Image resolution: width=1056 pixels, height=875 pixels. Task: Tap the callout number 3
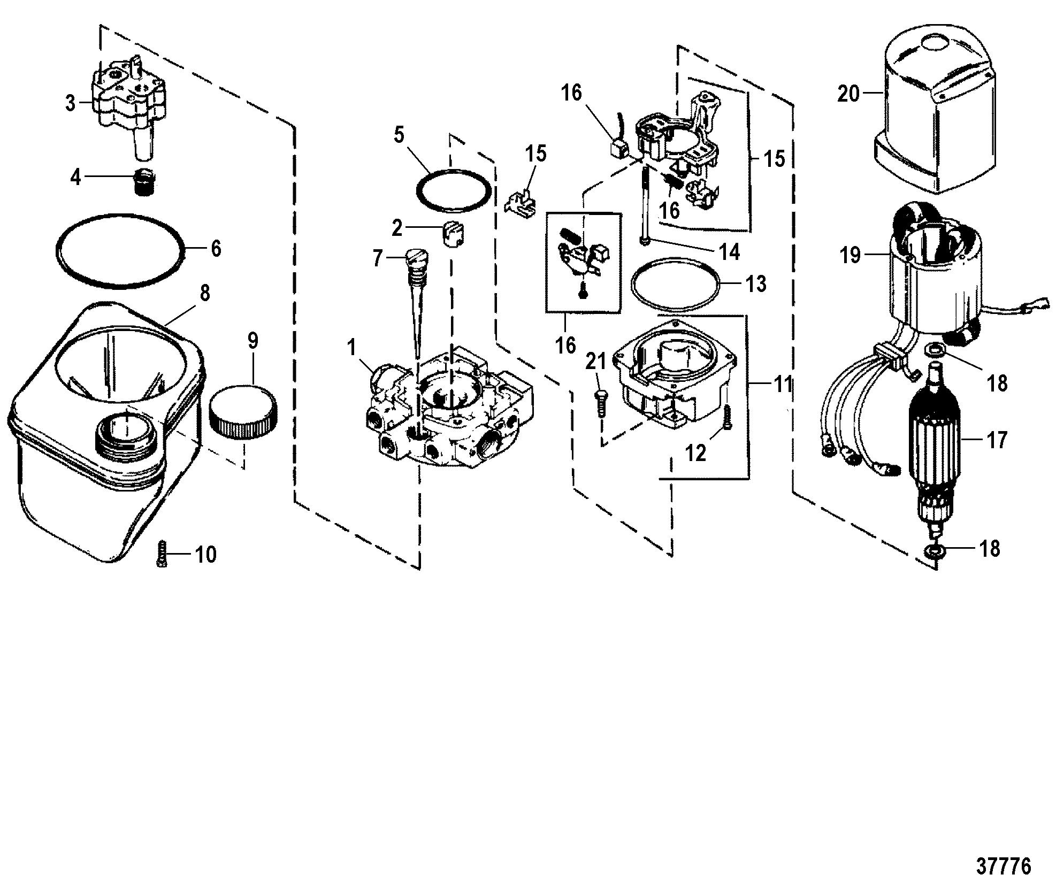pos(71,103)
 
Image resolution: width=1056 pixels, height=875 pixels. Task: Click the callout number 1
pos(351,348)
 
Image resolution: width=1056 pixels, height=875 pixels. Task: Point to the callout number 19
pos(850,255)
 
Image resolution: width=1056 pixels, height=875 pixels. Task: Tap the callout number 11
pos(783,384)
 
